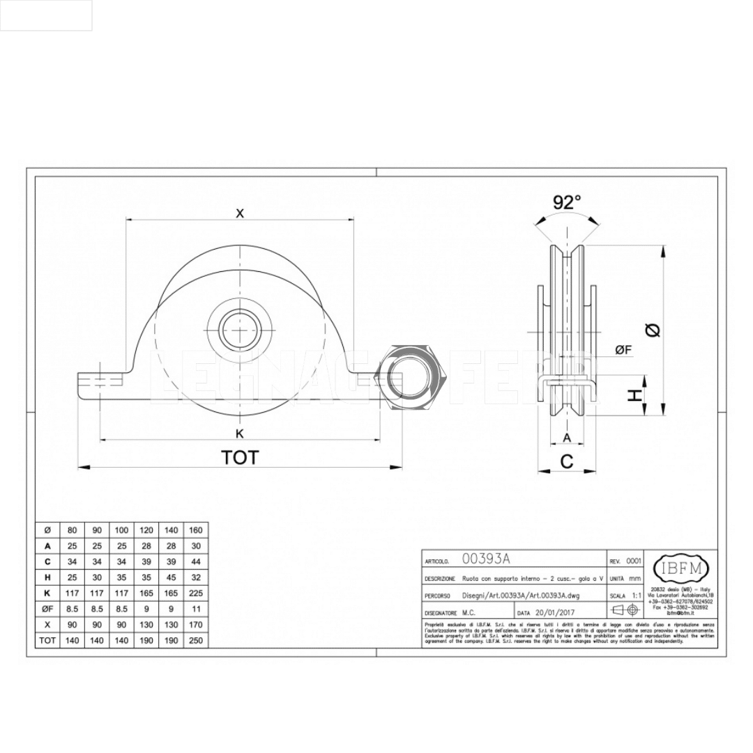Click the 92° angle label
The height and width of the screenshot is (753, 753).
tap(567, 202)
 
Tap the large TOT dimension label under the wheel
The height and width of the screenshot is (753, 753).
tap(240, 457)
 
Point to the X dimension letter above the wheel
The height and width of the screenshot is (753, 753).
tap(240, 213)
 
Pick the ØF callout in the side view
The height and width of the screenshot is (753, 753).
tap(623, 350)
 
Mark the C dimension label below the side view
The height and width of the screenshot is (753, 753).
tap(567, 461)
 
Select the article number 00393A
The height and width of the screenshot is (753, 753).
tap(487, 559)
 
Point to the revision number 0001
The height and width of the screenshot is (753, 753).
tap(633, 561)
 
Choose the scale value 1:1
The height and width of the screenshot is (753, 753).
tap(635, 596)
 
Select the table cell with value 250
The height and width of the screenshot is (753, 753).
tap(196, 640)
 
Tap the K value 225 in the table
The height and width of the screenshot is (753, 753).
tap(196, 593)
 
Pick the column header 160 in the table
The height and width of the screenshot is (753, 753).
tap(196, 531)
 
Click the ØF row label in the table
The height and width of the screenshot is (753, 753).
tap(47, 609)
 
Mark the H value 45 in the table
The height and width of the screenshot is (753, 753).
tap(171, 577)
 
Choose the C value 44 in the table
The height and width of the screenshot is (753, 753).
tap(196, 562)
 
